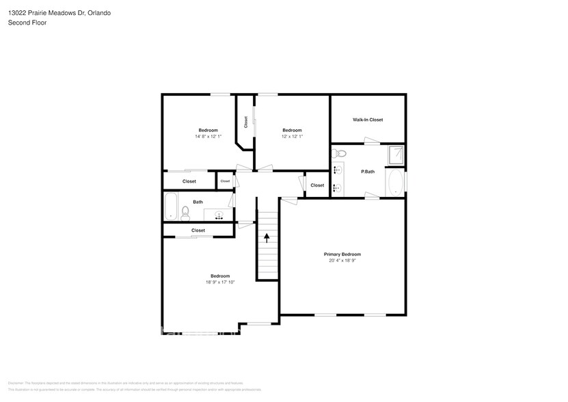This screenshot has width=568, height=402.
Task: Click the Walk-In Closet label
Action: [367, 120]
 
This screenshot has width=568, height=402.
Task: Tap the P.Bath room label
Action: [368, 172]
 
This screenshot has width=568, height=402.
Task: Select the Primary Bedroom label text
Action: [342, 254]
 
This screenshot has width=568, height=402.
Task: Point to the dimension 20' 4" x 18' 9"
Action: [342, 260]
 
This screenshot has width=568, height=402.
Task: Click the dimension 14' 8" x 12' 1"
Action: [208, 136]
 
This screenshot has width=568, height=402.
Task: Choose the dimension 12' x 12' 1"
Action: [292, 136]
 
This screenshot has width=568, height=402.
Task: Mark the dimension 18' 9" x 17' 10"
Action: [219, 282]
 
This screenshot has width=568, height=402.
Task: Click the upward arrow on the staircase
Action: [267, 237]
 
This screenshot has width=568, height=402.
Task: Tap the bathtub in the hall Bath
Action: [171, 206]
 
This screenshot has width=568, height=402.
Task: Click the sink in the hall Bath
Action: [219, 215]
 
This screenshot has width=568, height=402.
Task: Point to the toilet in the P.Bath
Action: [342, 154]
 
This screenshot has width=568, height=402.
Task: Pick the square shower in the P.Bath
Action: [394, 155]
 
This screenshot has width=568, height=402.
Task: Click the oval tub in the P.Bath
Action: [394, 182]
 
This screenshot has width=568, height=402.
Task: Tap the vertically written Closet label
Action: [245, 122]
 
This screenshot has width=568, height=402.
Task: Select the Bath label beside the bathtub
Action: [198, 202]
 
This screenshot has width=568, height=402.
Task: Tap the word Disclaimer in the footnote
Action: [15, 383]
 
